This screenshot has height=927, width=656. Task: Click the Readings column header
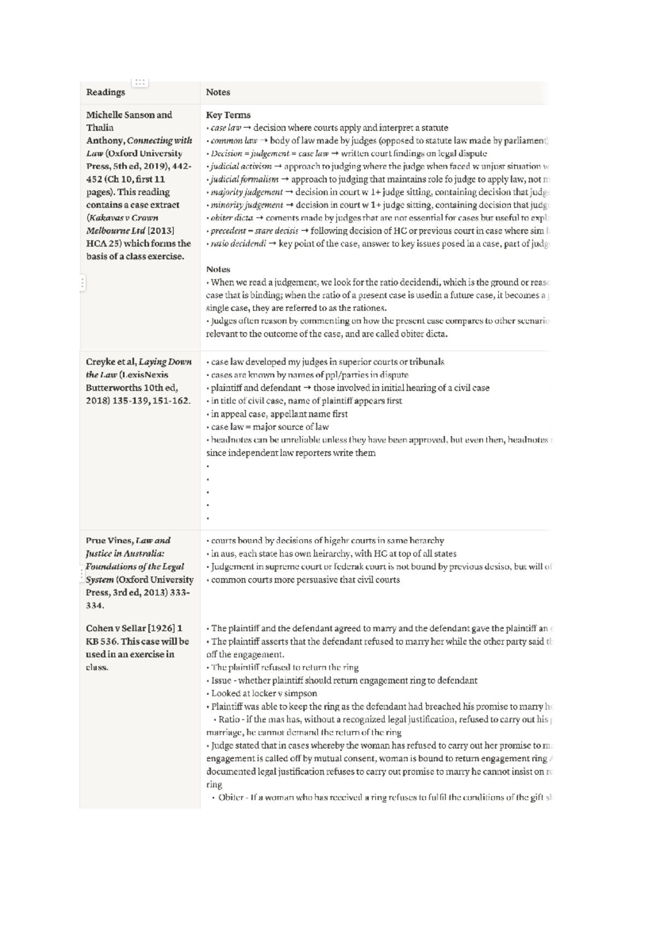tap(106, 92)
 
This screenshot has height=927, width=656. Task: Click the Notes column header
tap(218, 92)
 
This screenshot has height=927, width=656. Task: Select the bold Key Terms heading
tap(228, 115)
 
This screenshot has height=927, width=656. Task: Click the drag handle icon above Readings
tap(140, 82)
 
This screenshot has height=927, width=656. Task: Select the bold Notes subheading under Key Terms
tap(218, 269)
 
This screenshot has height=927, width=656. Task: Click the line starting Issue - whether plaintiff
tap(343, 680)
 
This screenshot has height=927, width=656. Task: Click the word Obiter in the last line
tap(231, 797)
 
